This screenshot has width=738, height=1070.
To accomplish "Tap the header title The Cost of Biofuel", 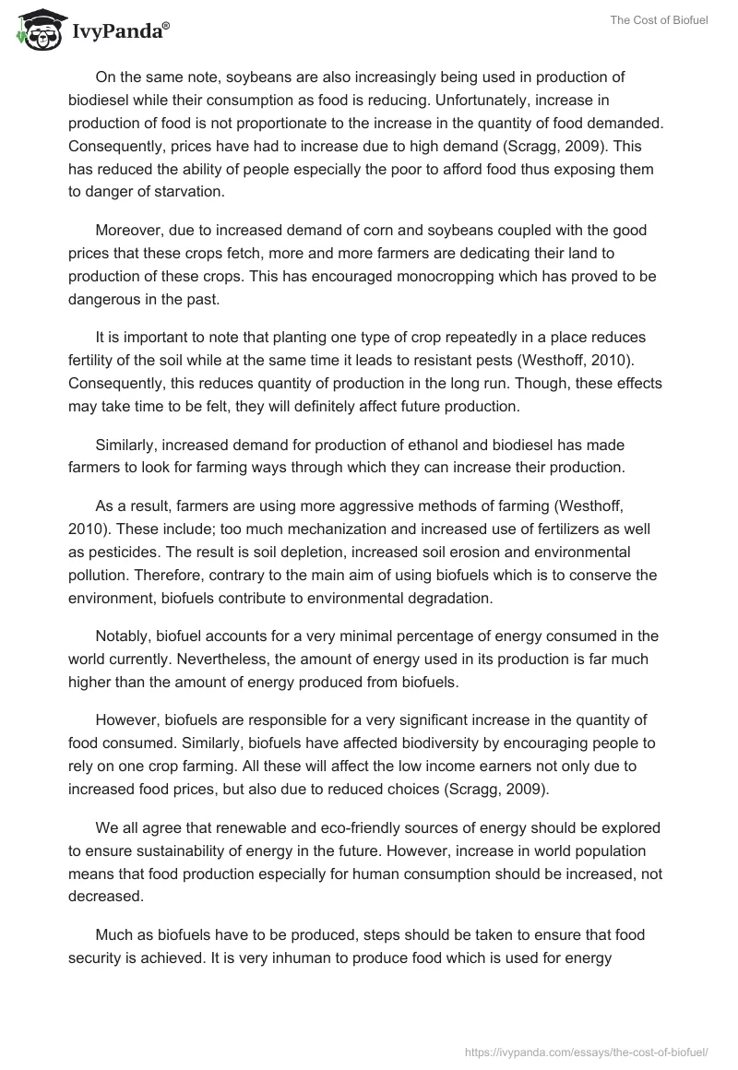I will (x=659, y=20).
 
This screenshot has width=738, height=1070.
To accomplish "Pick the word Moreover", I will (x=130, y=230).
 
